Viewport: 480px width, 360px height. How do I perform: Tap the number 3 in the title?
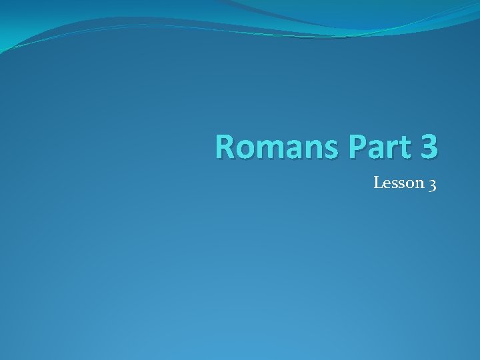pos(429,147)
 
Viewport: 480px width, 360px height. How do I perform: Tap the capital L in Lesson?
pos(377,182)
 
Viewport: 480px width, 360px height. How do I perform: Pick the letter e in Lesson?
pos(386,183)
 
